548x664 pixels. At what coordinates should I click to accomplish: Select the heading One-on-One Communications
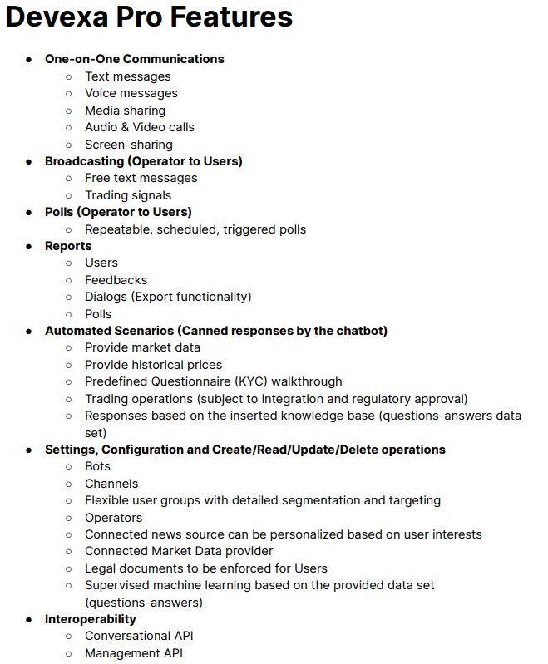135,59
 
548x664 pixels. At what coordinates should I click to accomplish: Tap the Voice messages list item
131,93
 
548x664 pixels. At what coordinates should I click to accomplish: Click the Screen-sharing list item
129,145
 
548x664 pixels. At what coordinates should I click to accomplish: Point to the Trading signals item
128,195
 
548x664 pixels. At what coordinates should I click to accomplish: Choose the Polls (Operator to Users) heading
118,212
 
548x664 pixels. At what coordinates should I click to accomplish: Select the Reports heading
68,246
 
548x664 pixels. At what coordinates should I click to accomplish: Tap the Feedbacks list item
116,280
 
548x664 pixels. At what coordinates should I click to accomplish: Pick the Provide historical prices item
153,365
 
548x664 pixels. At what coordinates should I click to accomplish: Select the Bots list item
97,466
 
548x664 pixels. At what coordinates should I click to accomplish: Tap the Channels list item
111,484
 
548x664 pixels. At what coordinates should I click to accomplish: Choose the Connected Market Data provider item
179,551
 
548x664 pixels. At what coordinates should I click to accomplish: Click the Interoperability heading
91,619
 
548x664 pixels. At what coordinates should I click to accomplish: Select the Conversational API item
139,636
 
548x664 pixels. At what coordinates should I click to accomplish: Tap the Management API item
134,653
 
